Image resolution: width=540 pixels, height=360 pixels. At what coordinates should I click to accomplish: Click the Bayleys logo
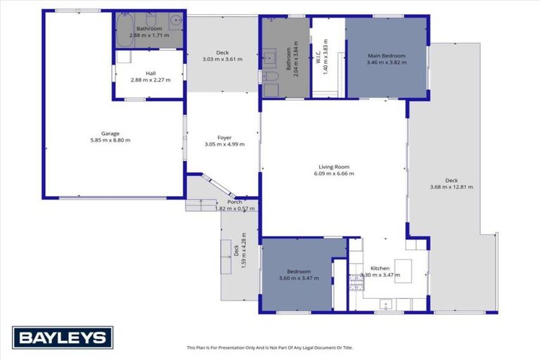coord(63,337)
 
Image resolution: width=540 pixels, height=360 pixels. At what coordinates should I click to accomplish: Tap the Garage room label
coord(109,134)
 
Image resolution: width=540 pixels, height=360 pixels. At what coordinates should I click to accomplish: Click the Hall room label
coord(150,73)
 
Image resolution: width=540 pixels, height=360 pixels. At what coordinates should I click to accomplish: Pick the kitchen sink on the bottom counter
coord(385,304)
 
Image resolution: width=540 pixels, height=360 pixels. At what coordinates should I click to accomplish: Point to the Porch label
coord(229,202)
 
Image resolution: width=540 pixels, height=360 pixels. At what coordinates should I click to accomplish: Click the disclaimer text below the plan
coord(269,347)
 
